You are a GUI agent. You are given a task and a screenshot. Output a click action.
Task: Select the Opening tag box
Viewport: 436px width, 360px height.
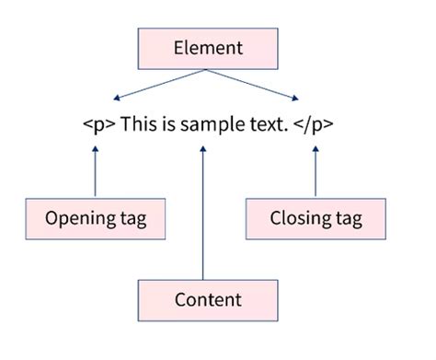[x=95, y=219]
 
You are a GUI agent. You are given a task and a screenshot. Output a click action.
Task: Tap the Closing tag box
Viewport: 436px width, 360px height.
[x=316, y=219]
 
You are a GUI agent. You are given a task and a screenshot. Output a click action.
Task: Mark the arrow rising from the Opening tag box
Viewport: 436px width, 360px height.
[x=95, y=170]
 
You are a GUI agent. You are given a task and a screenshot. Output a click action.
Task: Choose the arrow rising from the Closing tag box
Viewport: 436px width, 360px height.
[x=316, y=170]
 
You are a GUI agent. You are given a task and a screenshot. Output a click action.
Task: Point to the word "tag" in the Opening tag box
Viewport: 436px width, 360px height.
[x=131, y=219]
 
